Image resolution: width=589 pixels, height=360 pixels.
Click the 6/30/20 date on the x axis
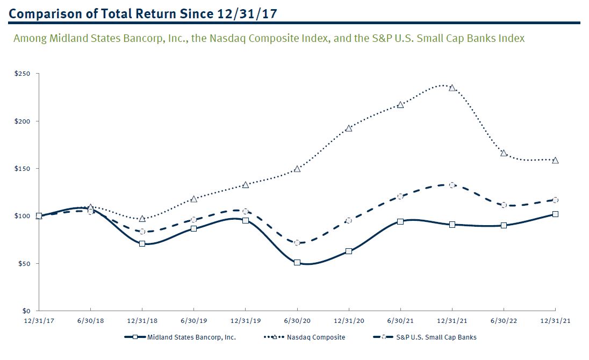coord(297,320)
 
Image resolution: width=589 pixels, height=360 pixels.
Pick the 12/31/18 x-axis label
coord(142,320)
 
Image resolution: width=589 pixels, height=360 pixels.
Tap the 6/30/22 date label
coord(504,320)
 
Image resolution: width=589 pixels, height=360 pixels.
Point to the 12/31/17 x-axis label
coord(39,320)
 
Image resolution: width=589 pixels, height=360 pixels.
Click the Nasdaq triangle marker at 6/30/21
coord(400,105)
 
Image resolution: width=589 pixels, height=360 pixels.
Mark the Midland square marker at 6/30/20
coord(297,263)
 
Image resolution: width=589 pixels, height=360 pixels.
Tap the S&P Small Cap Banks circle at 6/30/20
coord(297,243)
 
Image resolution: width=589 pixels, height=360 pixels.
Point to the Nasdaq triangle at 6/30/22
coord(504,153)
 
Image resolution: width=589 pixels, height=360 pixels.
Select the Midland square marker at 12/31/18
coord(142,243)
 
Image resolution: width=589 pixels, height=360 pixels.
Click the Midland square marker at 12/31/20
coord(349,251)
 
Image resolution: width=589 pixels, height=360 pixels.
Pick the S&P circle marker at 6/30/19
coord(193,220)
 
